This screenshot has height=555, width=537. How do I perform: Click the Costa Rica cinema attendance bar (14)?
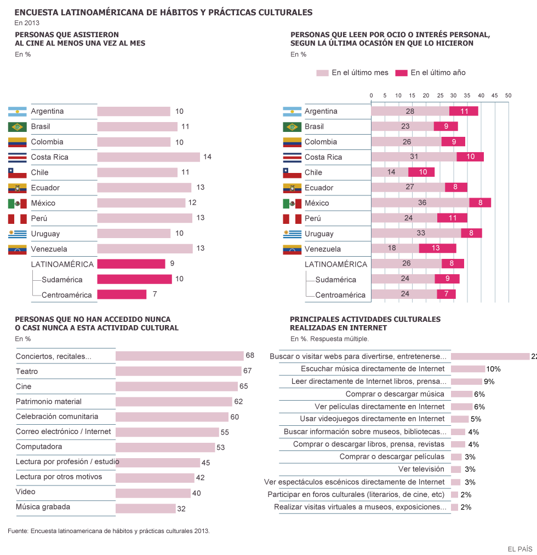point(148,157)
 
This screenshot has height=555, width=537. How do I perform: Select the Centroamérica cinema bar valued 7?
point(122,294)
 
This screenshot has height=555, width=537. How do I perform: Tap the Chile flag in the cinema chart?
point(18,172)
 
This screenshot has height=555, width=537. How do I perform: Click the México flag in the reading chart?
point(292,203)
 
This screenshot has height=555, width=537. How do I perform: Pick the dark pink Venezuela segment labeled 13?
point(437,249)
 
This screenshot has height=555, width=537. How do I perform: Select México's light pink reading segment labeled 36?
point(420,203)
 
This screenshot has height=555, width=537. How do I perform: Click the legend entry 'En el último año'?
point(438,73)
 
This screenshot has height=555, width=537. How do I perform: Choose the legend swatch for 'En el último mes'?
point(322,73)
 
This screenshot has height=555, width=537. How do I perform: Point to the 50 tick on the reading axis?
point(508,95)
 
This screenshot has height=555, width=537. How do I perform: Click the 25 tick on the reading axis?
point(440,95)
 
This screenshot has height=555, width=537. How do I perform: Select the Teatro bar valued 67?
point(178,371)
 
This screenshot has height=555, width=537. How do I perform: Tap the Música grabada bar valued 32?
point(145,508)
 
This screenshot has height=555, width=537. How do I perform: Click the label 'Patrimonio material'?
point(48,401)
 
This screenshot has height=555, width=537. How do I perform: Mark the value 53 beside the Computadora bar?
point(220,447)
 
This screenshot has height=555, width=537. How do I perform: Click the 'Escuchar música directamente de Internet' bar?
point(467,369)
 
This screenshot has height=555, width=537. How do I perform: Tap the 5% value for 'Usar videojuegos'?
point(476,419)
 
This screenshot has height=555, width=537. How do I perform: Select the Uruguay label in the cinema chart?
point(45,234)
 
